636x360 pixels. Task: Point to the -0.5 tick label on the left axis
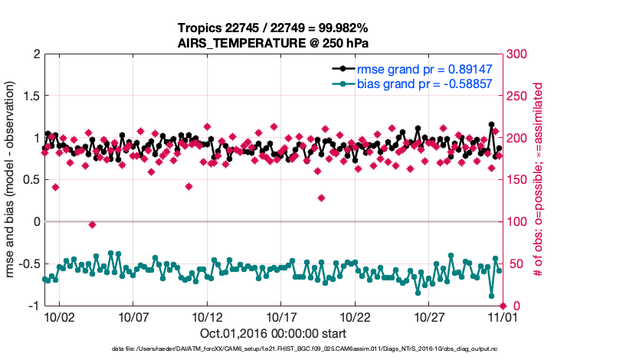point(25,263)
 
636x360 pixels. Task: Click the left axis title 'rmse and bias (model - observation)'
point(11,180)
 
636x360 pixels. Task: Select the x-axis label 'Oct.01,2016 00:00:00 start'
point(274,333)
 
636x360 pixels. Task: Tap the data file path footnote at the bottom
point(316,349)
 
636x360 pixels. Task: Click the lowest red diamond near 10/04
point(92,224)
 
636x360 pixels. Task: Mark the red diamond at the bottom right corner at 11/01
point(503,306)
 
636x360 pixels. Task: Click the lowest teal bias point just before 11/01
point(491,296)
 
